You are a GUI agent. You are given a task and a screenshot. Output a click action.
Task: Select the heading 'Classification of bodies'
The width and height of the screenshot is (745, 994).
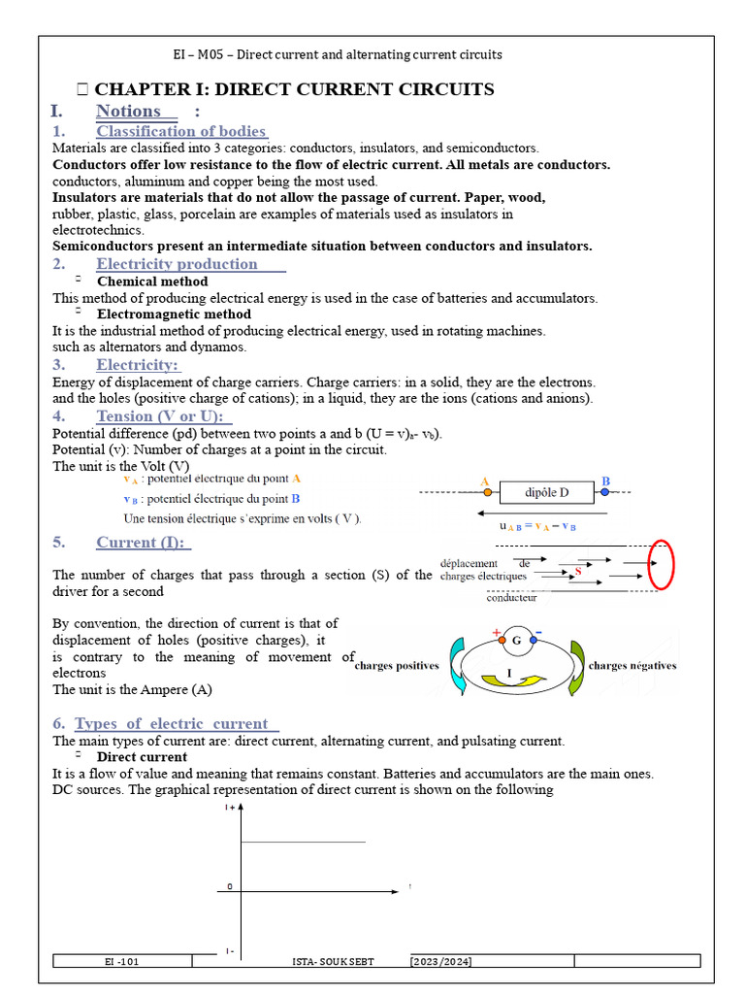(181, 131)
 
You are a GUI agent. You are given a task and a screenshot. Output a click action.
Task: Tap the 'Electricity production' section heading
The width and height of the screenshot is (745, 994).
(177, 264)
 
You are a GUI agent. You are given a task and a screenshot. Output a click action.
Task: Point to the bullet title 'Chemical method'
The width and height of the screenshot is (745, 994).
(152, 282)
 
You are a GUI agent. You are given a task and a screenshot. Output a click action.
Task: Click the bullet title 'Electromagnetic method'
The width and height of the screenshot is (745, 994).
(174, 315)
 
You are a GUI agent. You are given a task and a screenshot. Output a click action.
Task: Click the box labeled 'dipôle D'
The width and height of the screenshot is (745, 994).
(546, 493)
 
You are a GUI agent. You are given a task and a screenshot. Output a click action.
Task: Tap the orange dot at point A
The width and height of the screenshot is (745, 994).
(487, 493)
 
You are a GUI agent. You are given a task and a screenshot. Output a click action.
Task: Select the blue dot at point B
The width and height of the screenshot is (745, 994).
(605, 493)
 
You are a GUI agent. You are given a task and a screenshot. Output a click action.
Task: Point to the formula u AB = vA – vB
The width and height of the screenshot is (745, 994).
(537, 526)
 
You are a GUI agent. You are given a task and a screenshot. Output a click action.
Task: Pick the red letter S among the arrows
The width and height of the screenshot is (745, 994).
(578, 572)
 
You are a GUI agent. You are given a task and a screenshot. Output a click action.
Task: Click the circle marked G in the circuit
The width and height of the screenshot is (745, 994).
(516, 641)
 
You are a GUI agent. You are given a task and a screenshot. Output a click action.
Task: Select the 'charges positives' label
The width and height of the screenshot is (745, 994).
(397, 666)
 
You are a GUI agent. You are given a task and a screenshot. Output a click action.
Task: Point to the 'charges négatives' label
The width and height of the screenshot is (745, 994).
(632, 666)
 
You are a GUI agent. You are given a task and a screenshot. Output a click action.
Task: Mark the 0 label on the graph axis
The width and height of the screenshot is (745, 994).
(230, 886)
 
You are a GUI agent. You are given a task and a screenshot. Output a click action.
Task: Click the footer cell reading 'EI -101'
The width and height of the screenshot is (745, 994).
(122, 961)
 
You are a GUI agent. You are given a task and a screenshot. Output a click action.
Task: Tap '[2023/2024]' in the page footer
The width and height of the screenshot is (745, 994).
(441, 961)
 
